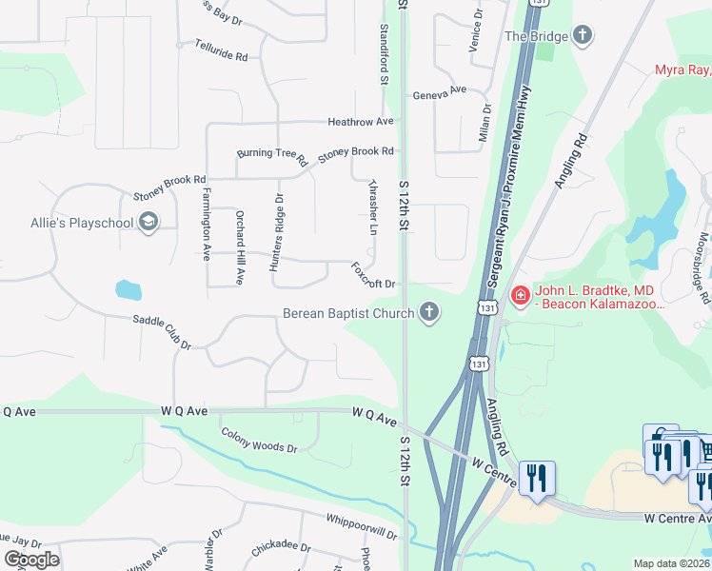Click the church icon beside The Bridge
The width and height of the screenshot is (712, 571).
[x=582, y=37]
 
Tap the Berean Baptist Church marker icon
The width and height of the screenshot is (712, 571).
[x=430, y=312]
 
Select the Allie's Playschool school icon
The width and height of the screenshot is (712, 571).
[x=148, y=223]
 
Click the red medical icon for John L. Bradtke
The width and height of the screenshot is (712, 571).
[x=520, y=296]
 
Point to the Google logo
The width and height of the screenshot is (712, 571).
[x=31, y=559]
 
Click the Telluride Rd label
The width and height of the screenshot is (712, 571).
[x=221, y=50]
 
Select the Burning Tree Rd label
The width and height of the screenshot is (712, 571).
[x=271, y=154]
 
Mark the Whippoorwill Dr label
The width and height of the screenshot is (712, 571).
[x=361, y=530]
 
